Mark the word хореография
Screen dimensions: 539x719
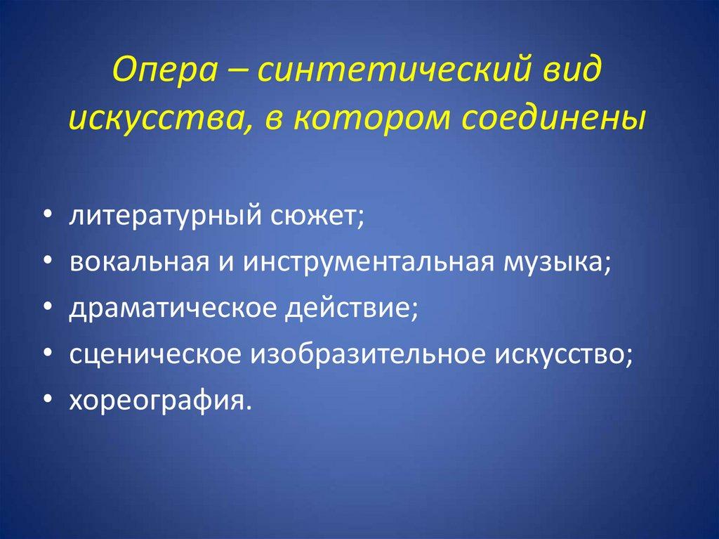[159, 402]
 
